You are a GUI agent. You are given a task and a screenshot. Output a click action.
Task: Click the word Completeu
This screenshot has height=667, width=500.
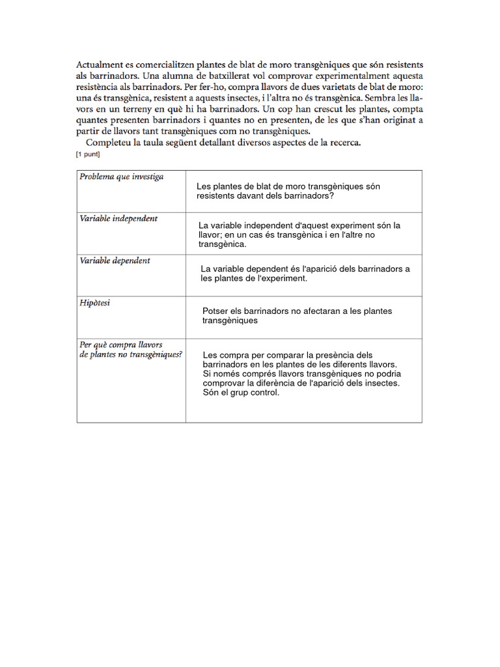click(x=109, y=143)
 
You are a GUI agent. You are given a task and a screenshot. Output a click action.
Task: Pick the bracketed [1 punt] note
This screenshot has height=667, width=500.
click(x=89, y=154)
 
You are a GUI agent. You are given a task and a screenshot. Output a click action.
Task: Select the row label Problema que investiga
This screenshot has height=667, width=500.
click(x=121, y=177)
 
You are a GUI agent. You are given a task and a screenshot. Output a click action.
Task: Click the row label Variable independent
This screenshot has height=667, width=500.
click(x=118, y=218)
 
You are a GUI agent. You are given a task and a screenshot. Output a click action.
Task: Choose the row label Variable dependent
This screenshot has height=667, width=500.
click(x=115, y=261)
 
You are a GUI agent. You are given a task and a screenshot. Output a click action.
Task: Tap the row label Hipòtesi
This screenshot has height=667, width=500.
click(x=95, y=303)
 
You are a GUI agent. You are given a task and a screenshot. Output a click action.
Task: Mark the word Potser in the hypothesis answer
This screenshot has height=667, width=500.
click(x=215, y=311)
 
